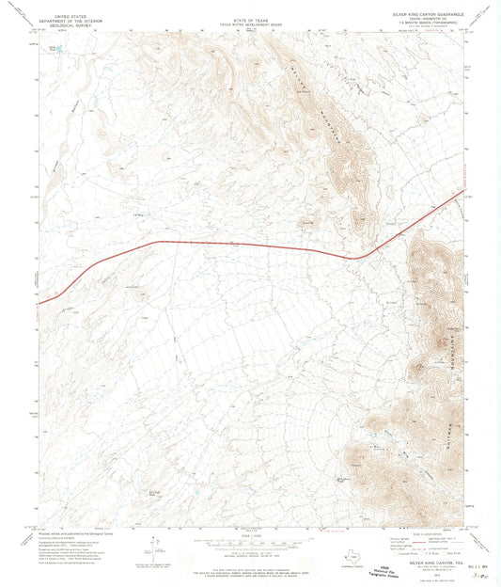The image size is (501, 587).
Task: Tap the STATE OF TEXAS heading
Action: pos(250,16)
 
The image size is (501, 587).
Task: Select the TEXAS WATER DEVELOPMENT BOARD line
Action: pos(250,21)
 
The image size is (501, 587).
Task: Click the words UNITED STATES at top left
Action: pos(75,16)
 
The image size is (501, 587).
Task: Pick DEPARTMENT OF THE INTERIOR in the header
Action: pos(75,21)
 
